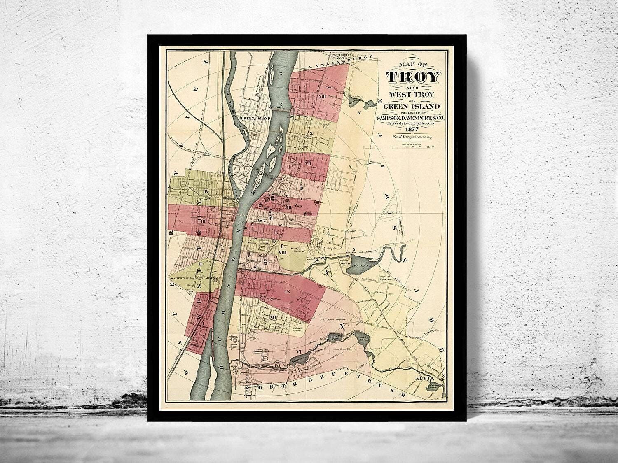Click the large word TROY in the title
[413, 77]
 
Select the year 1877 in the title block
[413, 128]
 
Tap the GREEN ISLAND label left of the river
[255, 119]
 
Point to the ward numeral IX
[287, 291]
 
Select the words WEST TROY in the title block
[413, 93]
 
